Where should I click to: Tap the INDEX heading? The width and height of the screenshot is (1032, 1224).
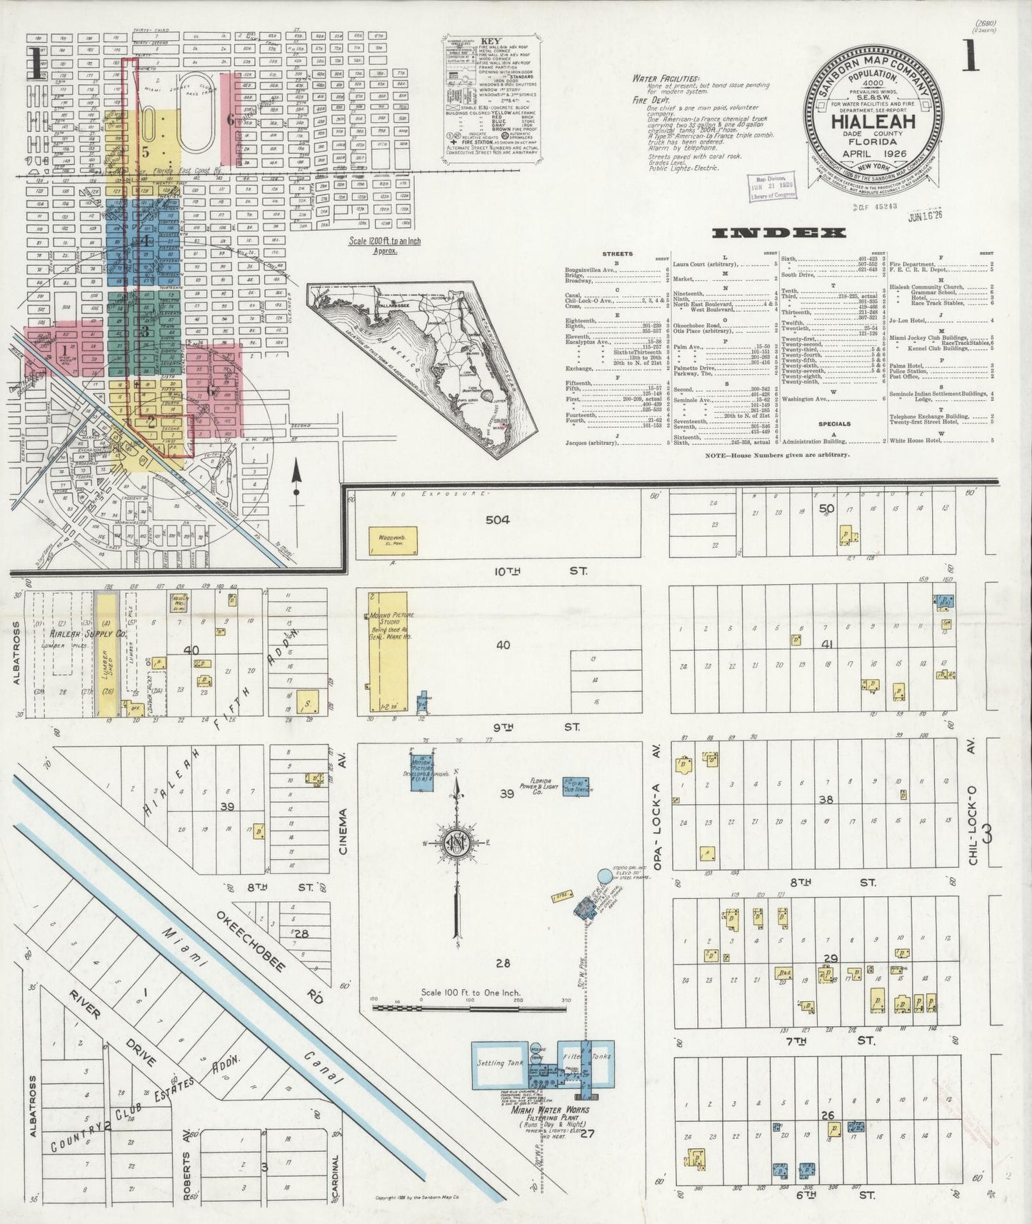[778, 233]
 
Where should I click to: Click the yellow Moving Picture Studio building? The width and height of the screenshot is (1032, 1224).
[387, 651]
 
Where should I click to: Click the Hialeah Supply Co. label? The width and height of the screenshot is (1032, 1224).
[79, 633]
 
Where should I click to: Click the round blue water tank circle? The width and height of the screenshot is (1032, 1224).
[605, 875]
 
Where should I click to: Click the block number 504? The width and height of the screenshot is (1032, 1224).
[497, 519]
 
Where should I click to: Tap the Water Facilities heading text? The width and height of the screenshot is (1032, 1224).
[665, 79]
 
